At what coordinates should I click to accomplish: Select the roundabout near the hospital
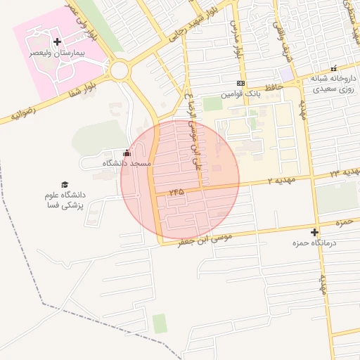tap(119, 70)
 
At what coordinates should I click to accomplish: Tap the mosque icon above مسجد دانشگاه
tap(127, 153)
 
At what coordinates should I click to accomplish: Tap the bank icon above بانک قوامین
tap(240, 83)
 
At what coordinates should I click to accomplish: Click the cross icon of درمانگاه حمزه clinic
tap(314, 232)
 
